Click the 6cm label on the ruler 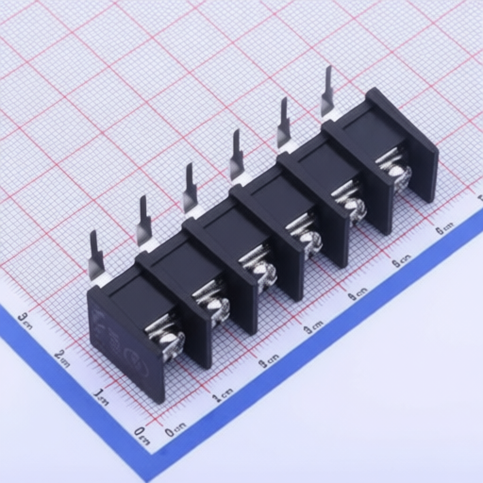coord(444,226)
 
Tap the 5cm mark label coord(402,258)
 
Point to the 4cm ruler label coord(357,294)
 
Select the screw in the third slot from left coord(262,273)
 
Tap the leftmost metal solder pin coord(96,252)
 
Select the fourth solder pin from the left coord(237,154)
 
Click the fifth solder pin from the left coord(282,122)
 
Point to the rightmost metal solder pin coord(327,91)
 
